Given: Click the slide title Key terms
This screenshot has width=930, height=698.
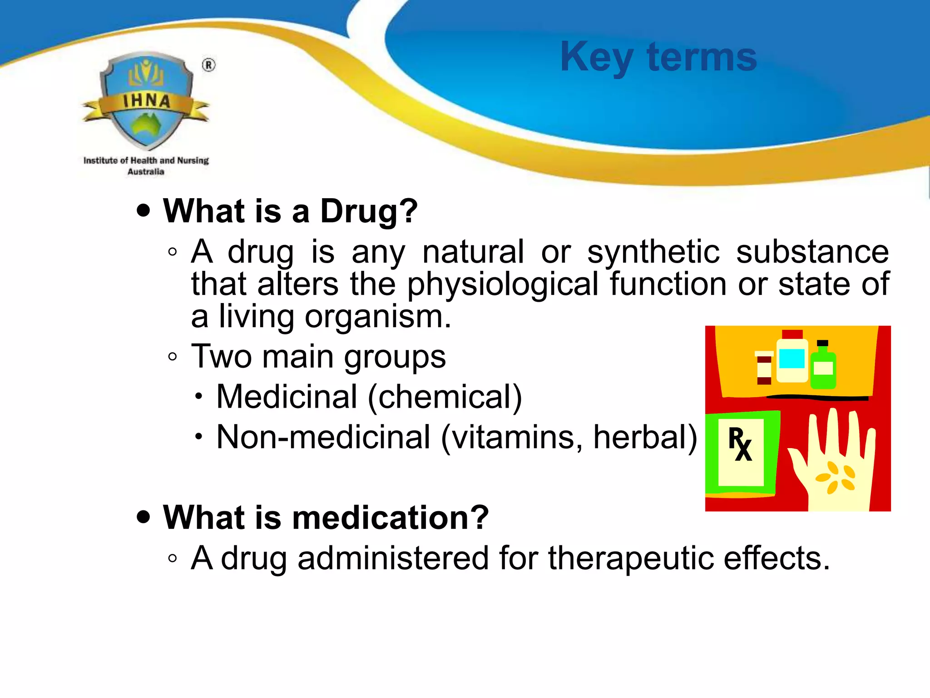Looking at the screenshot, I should pos(658,57).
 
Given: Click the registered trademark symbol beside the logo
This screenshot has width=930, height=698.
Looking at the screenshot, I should pos(208,65).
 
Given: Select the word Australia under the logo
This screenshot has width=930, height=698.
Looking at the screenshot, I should pos(146,172).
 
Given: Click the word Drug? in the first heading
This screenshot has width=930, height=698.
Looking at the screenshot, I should pos(369,211).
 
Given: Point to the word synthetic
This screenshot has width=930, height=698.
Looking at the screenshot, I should pos(653,252).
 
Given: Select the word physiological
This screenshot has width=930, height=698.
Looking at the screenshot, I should pos(502,285).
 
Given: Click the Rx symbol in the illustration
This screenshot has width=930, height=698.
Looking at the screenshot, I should pos(740,444).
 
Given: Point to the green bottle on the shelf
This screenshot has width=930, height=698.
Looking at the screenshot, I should pos(823,367).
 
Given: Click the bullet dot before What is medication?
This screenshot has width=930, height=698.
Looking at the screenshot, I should pos(143,517).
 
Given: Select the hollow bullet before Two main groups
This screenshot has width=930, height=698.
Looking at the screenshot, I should pos(172,357).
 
